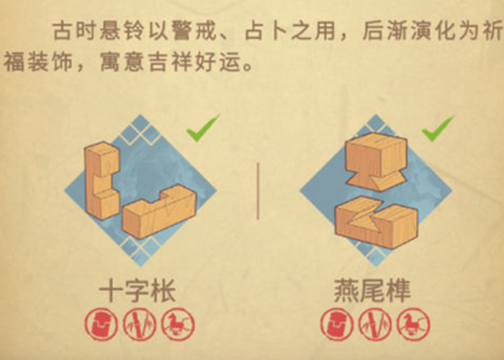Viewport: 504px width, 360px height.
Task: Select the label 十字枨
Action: pos(138,291)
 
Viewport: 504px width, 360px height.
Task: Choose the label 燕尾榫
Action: pos(373,291)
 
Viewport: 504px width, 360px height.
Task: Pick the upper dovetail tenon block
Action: pos(376,161)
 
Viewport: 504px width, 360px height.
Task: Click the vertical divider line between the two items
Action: pos(258,192)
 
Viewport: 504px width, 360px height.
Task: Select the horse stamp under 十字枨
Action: pos(178,324)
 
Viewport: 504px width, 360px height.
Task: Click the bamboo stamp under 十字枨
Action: pos(140,324)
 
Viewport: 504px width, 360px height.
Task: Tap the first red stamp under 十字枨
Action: pos(102,324)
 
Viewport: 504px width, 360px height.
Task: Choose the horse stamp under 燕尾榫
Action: pos(413,324)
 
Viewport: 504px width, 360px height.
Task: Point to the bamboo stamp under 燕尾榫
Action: pos(375,324)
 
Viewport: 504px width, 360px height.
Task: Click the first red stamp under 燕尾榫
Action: pos(337,324)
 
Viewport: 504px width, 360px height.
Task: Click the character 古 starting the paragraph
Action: pos(62,31)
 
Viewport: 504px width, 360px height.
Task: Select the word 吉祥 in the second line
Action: pos(169,62)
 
